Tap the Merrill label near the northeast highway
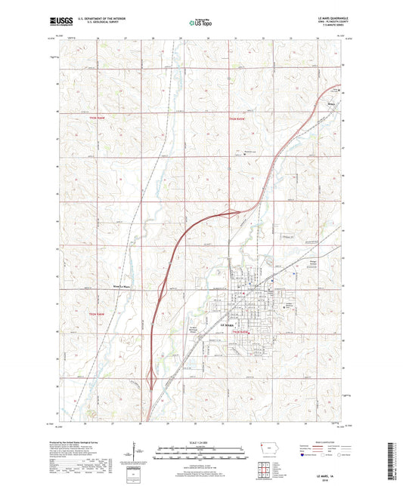pos(330,94)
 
